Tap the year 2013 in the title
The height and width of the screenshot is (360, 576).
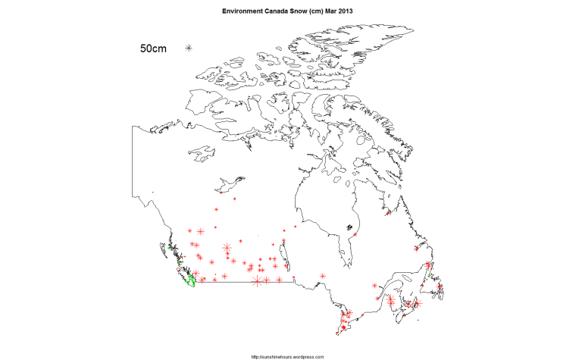coord(344,11)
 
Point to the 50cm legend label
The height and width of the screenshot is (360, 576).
coord(153,49)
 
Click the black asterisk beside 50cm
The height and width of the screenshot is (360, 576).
coord(189,49)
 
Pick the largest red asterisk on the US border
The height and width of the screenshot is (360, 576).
coord(256,281)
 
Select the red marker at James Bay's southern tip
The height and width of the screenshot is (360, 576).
coord(354,265)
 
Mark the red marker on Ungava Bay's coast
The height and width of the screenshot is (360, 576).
coord(388,213)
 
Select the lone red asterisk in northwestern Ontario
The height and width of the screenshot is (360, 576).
coord(324,275)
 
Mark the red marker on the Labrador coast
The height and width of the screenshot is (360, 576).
coord(416,248)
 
